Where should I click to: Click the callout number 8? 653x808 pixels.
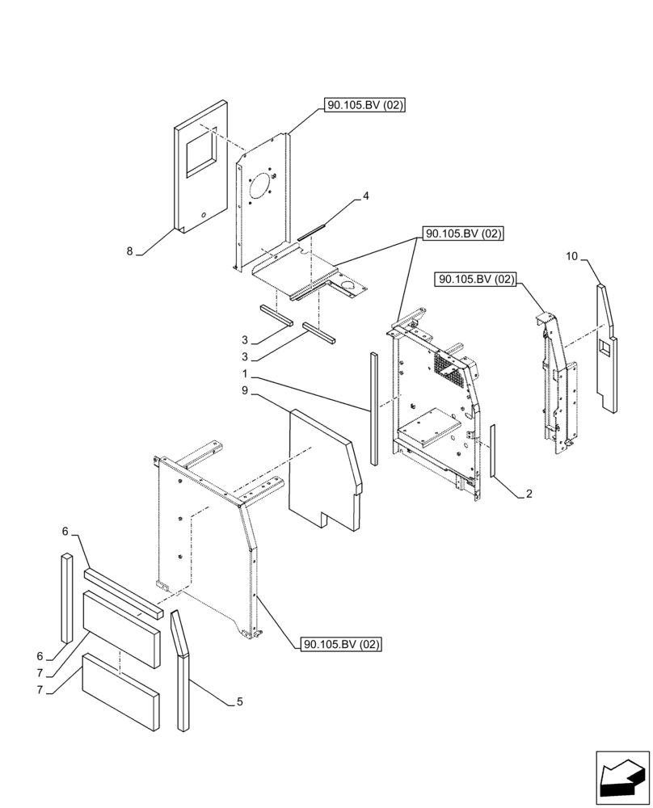click(x=129, y=251)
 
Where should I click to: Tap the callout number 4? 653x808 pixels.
click(x=365, y=196)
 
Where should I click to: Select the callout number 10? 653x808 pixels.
click(x=571, y=257)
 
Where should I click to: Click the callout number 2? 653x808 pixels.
click(x=529, y=494)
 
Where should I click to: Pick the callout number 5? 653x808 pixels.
click(x=239, y=702)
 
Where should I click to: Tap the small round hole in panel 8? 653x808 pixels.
click(x=203, y=214)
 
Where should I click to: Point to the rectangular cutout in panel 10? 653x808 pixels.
click(x=605, y=347)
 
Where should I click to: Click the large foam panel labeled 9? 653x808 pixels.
click(x=323, y=469)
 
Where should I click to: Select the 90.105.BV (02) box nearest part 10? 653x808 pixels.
click(x=476, y=280)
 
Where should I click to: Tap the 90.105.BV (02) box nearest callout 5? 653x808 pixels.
click(x=340, y=644)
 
